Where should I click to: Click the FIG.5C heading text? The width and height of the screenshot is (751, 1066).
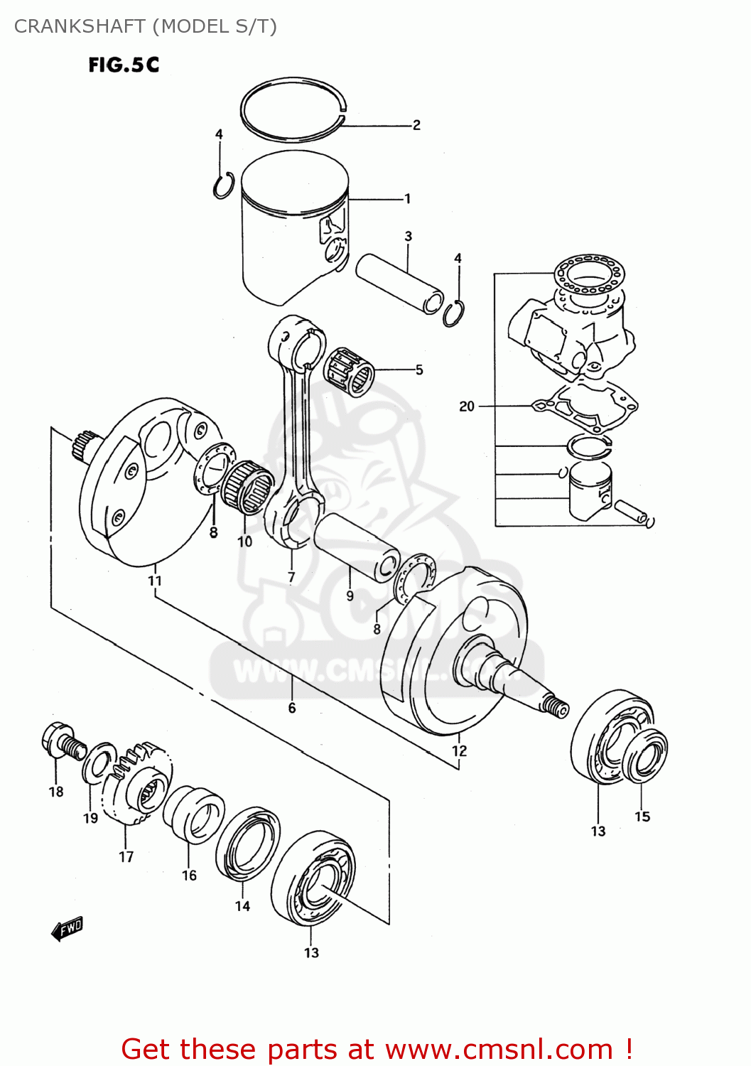pos(124,65)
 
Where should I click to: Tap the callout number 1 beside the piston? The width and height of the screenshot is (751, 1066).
pos(407,198)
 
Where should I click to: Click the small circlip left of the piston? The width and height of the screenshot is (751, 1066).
pos(223,185)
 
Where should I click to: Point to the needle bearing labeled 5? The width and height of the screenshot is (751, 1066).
pos(350,371)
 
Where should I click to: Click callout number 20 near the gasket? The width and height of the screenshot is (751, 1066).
pos(466,406)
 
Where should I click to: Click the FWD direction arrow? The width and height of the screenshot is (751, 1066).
pos(67,929)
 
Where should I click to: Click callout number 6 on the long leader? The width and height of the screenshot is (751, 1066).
pos(291,708)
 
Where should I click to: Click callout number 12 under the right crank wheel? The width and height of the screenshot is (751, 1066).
pos(459,750)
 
